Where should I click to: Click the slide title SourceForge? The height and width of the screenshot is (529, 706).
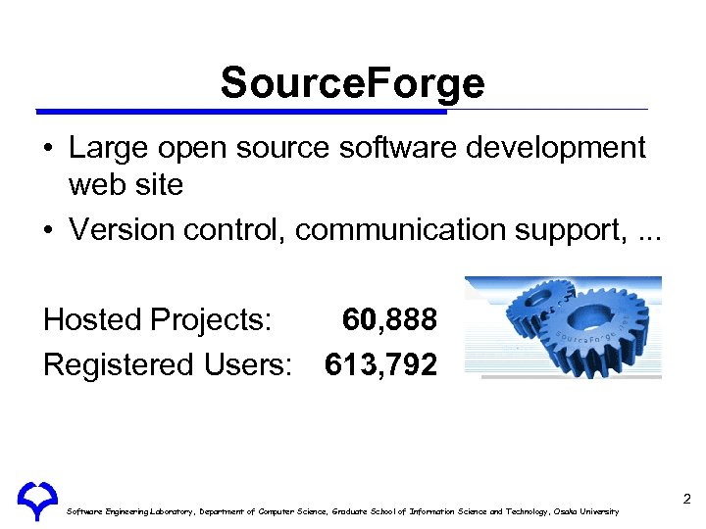tap(352, 83)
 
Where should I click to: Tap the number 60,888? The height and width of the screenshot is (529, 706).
tap(389, 319)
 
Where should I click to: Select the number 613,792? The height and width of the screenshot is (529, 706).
tap(380, 364)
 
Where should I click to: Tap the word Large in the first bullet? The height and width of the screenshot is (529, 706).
tap(107, 148)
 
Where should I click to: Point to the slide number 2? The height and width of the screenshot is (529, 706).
tap(686, 501)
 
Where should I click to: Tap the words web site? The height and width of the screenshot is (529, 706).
tap(126, 184)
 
